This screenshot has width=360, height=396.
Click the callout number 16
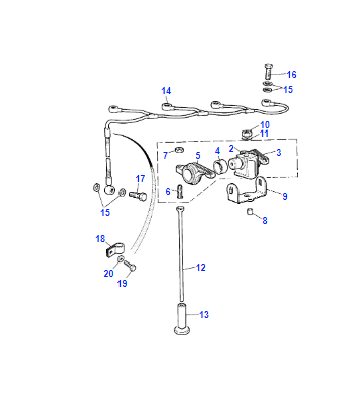click(291, 74)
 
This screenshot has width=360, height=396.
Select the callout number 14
click(166, 91)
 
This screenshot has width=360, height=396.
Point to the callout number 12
click(201, 267)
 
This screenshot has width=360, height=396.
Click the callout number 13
click(204, 314)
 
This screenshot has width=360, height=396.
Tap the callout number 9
click(285, 196)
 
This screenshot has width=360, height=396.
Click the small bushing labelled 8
click(250, 211)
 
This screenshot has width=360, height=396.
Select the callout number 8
click(265, 220)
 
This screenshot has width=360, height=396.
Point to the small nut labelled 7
click(179, 150)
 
